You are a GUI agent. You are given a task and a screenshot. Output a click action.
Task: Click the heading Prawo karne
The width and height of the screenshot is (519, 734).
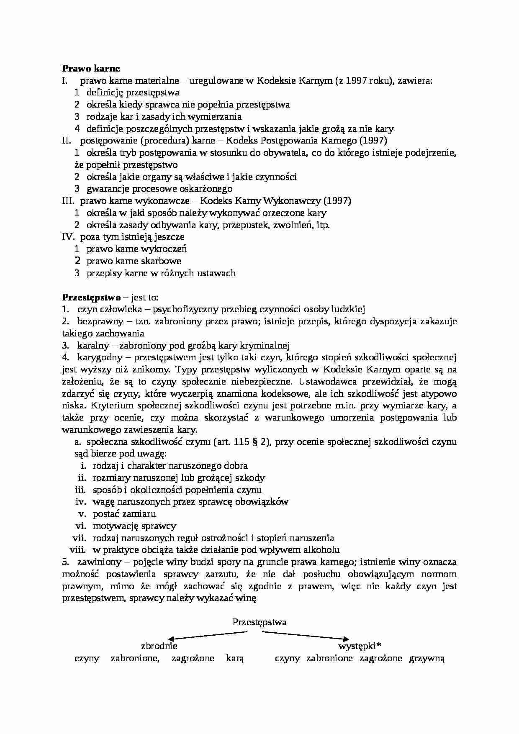click(91, 68)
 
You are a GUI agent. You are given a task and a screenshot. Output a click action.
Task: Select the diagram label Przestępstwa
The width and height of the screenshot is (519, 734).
click(259, 622)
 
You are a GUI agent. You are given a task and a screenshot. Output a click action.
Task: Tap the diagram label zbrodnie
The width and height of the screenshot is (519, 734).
click(159, 646)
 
